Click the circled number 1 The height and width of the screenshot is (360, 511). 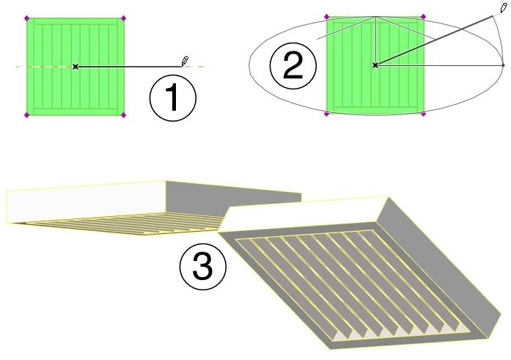tap(173, 98)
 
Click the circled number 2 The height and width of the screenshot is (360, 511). tap(293, 66)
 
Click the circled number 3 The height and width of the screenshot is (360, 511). tap(202, 266)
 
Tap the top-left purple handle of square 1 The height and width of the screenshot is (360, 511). tap(27, 18)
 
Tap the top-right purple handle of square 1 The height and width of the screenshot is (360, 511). tap(123, 18)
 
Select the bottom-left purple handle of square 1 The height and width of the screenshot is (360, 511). tap(27, 114)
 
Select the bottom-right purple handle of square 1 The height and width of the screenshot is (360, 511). tap(123, 114)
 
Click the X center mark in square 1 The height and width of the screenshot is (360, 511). tap(76, 67)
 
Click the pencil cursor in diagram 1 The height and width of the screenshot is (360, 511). tap(185, 62)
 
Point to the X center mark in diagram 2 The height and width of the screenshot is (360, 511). tap(375, 65)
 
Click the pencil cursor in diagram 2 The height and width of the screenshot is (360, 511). tap(504, 8)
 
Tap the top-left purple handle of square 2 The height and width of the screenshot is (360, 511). tap(326, 17)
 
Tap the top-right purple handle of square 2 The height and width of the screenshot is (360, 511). tap(423, 17)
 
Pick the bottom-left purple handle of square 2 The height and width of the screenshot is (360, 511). tap(326, 114)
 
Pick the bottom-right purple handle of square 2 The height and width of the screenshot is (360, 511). tap(423, 114)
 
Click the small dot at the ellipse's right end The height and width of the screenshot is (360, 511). tap(504, 65)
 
